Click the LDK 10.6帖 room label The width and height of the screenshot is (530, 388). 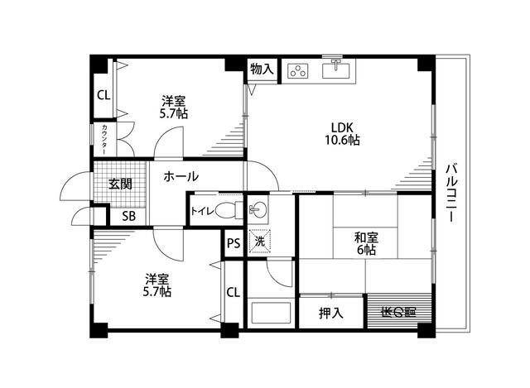342,133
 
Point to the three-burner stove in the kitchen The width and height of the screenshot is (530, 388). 298,71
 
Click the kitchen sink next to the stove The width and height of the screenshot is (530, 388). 336,69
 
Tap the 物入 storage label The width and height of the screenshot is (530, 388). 262,70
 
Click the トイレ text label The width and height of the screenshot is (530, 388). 203,211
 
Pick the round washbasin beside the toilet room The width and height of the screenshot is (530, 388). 258,208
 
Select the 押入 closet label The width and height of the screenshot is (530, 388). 330,314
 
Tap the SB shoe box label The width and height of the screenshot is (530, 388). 128,217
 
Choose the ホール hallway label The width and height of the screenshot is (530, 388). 180,176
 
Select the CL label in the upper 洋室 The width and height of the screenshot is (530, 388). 104,94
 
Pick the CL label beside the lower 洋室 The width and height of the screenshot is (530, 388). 233,292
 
